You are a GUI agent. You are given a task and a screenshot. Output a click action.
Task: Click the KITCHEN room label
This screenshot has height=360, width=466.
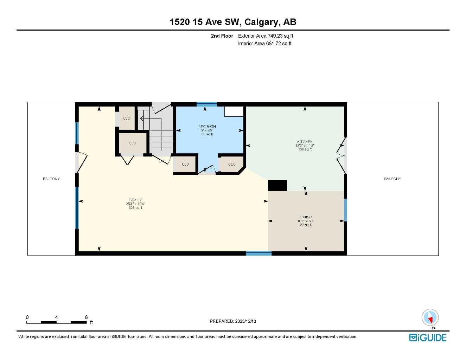(305, 142)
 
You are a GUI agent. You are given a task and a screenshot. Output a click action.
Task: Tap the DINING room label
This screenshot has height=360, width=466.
(306, 217)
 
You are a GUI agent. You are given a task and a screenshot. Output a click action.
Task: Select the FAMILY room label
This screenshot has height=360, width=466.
(135, 200)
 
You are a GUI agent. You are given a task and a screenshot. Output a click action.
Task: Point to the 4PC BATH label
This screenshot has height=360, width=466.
(207, 127)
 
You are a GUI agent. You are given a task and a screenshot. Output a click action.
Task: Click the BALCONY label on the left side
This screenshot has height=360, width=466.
(51, 179)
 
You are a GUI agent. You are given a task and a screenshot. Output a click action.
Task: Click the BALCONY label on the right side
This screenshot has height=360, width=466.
(392, 179)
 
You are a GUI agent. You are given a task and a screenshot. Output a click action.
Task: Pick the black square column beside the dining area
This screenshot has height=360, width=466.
(277, 185)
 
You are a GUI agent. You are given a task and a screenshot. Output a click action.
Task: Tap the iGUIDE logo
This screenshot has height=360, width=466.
(428, 337)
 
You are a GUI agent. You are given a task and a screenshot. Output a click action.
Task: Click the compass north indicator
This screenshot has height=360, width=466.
(430, 318)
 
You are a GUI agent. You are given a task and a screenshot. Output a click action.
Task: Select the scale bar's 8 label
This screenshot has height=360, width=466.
(86, 317)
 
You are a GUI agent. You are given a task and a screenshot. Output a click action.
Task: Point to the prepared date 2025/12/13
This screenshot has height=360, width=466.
(233, 321)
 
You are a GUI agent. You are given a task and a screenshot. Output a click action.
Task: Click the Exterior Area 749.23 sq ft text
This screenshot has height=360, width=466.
(266, 36)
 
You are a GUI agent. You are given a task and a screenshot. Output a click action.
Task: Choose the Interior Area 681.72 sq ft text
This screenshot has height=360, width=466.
(265, 44)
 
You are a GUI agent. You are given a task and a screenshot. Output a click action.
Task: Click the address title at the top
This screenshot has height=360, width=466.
(233, 22)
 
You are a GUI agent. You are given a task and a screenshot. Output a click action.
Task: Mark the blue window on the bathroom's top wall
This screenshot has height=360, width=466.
(207, 104)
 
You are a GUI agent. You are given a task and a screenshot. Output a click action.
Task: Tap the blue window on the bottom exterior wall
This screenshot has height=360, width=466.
(258, 253)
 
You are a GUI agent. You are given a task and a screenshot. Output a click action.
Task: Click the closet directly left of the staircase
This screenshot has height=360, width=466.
(132, 143)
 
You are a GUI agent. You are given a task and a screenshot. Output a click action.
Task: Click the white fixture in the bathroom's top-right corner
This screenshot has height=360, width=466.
(234, 111)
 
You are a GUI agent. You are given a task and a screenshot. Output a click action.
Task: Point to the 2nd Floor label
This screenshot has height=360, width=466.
(222, 36)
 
